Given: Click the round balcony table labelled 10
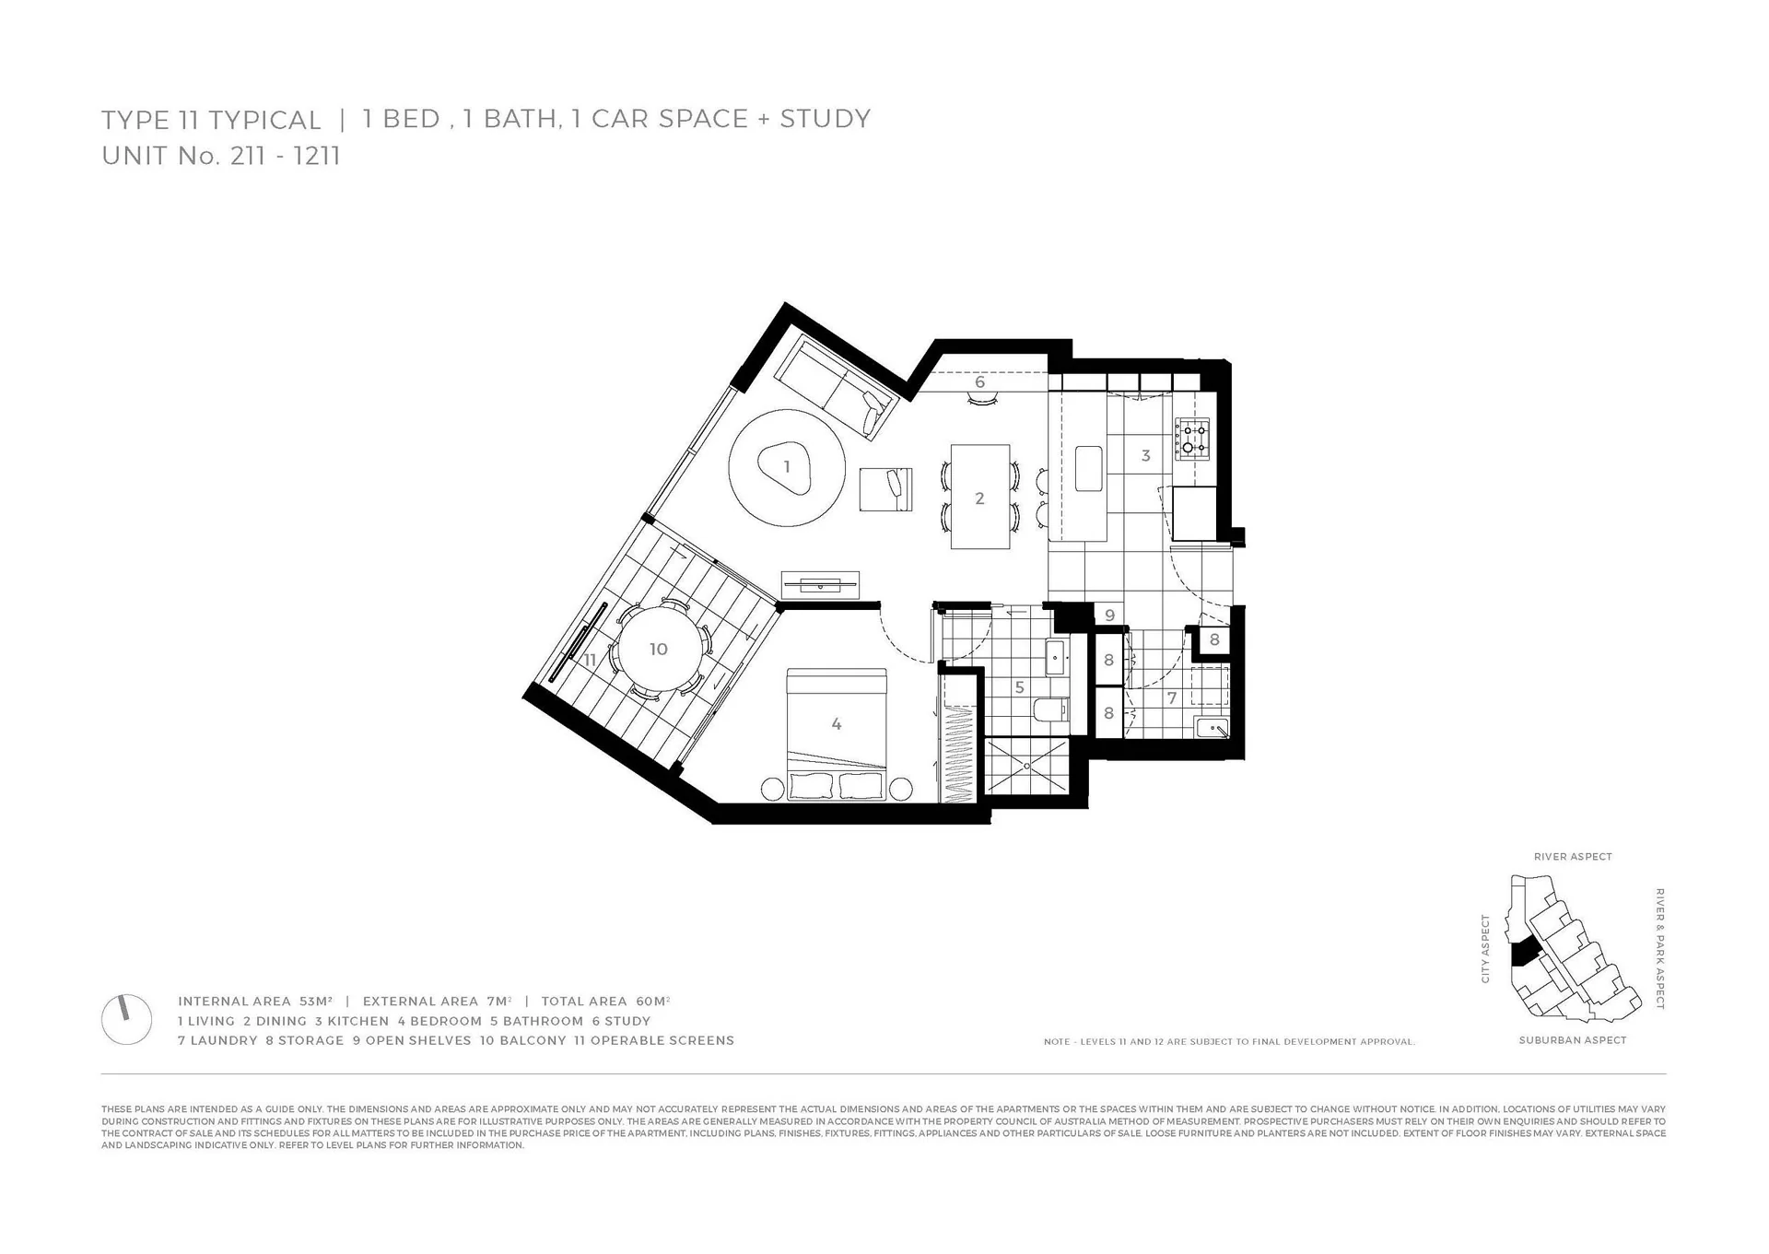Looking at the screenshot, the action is point(658,649).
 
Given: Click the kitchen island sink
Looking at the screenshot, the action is point(1089,469).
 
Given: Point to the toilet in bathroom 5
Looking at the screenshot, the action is point(1050,710).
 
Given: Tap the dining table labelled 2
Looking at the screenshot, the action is point(980,497).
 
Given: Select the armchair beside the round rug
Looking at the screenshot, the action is point(886,488).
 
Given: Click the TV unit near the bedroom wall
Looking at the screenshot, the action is point(820,584).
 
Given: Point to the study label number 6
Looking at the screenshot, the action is point(979,381).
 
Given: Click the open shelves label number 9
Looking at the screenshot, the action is point(1109,615).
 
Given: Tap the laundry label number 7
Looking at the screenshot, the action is point(1172,698).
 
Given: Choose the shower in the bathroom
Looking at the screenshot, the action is point(1026,765).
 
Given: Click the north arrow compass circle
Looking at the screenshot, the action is point(126,1019).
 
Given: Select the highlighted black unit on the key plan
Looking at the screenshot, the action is point(1525,951).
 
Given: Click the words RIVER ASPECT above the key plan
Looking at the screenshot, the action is point(1573,857).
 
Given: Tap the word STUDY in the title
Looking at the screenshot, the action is point(825,119).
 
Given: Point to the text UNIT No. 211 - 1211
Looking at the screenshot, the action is point(221,156).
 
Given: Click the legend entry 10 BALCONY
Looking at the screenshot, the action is point(523,1040).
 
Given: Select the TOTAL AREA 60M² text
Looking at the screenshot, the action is point(605,1002).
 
